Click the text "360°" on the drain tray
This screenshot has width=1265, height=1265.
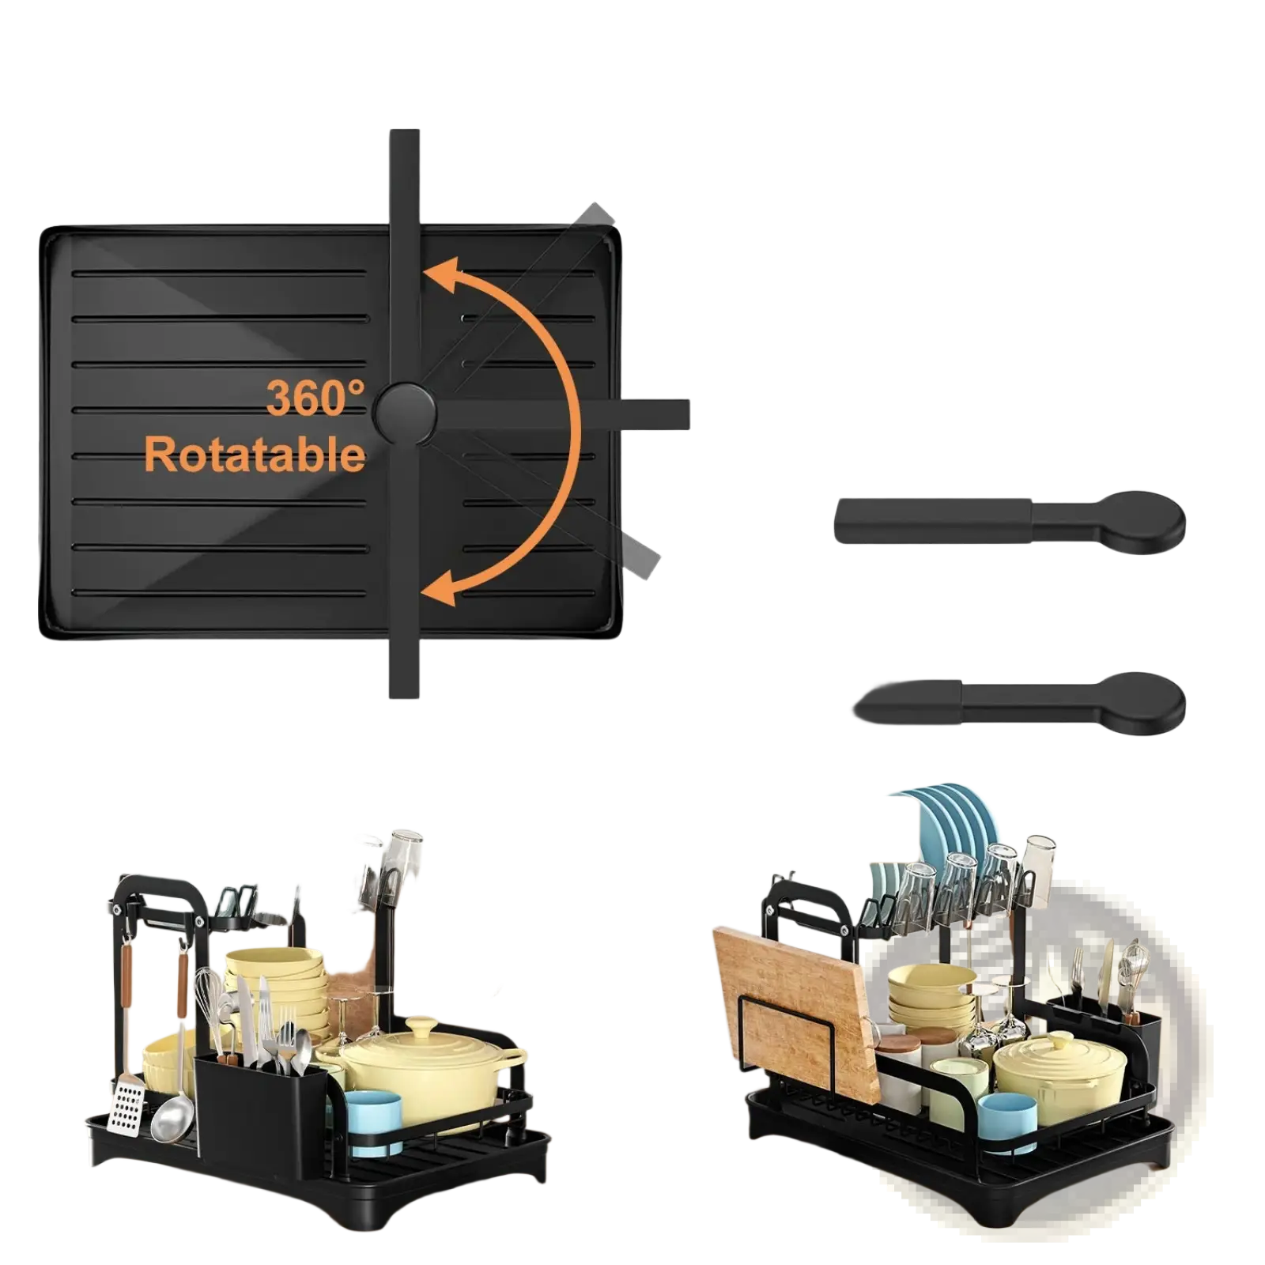(315, 398)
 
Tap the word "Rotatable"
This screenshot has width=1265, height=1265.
(255, 455)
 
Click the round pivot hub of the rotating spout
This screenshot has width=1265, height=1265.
(404, 413)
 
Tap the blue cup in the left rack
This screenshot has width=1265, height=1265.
(373, 1120)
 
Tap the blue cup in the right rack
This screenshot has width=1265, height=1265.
(1007, 1121)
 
